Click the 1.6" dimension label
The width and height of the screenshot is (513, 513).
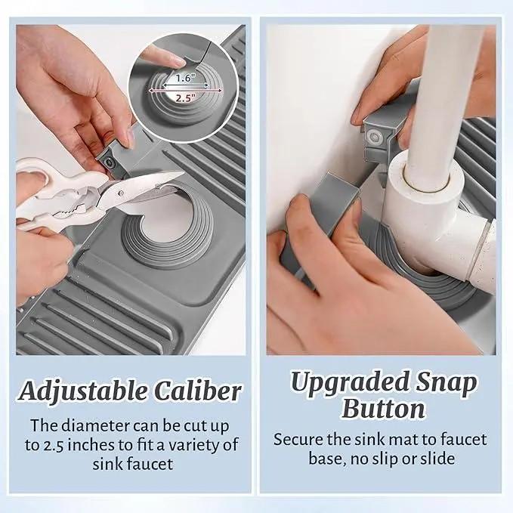(186, 78)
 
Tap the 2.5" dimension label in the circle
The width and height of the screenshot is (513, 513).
(186, 97)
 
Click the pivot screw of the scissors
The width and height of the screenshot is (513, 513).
(121, 193)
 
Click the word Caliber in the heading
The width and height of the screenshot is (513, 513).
(198, 391)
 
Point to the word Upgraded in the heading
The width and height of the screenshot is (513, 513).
(350, 383)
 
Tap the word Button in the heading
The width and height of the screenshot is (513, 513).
(383, 409)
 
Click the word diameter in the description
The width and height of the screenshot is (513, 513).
(95, 425)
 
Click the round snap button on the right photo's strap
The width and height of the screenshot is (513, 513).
(373, 136)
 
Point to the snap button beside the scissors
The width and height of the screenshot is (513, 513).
(108, 162)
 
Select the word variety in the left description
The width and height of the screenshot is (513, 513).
(193, 446)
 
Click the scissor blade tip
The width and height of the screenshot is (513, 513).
(184, 172)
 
